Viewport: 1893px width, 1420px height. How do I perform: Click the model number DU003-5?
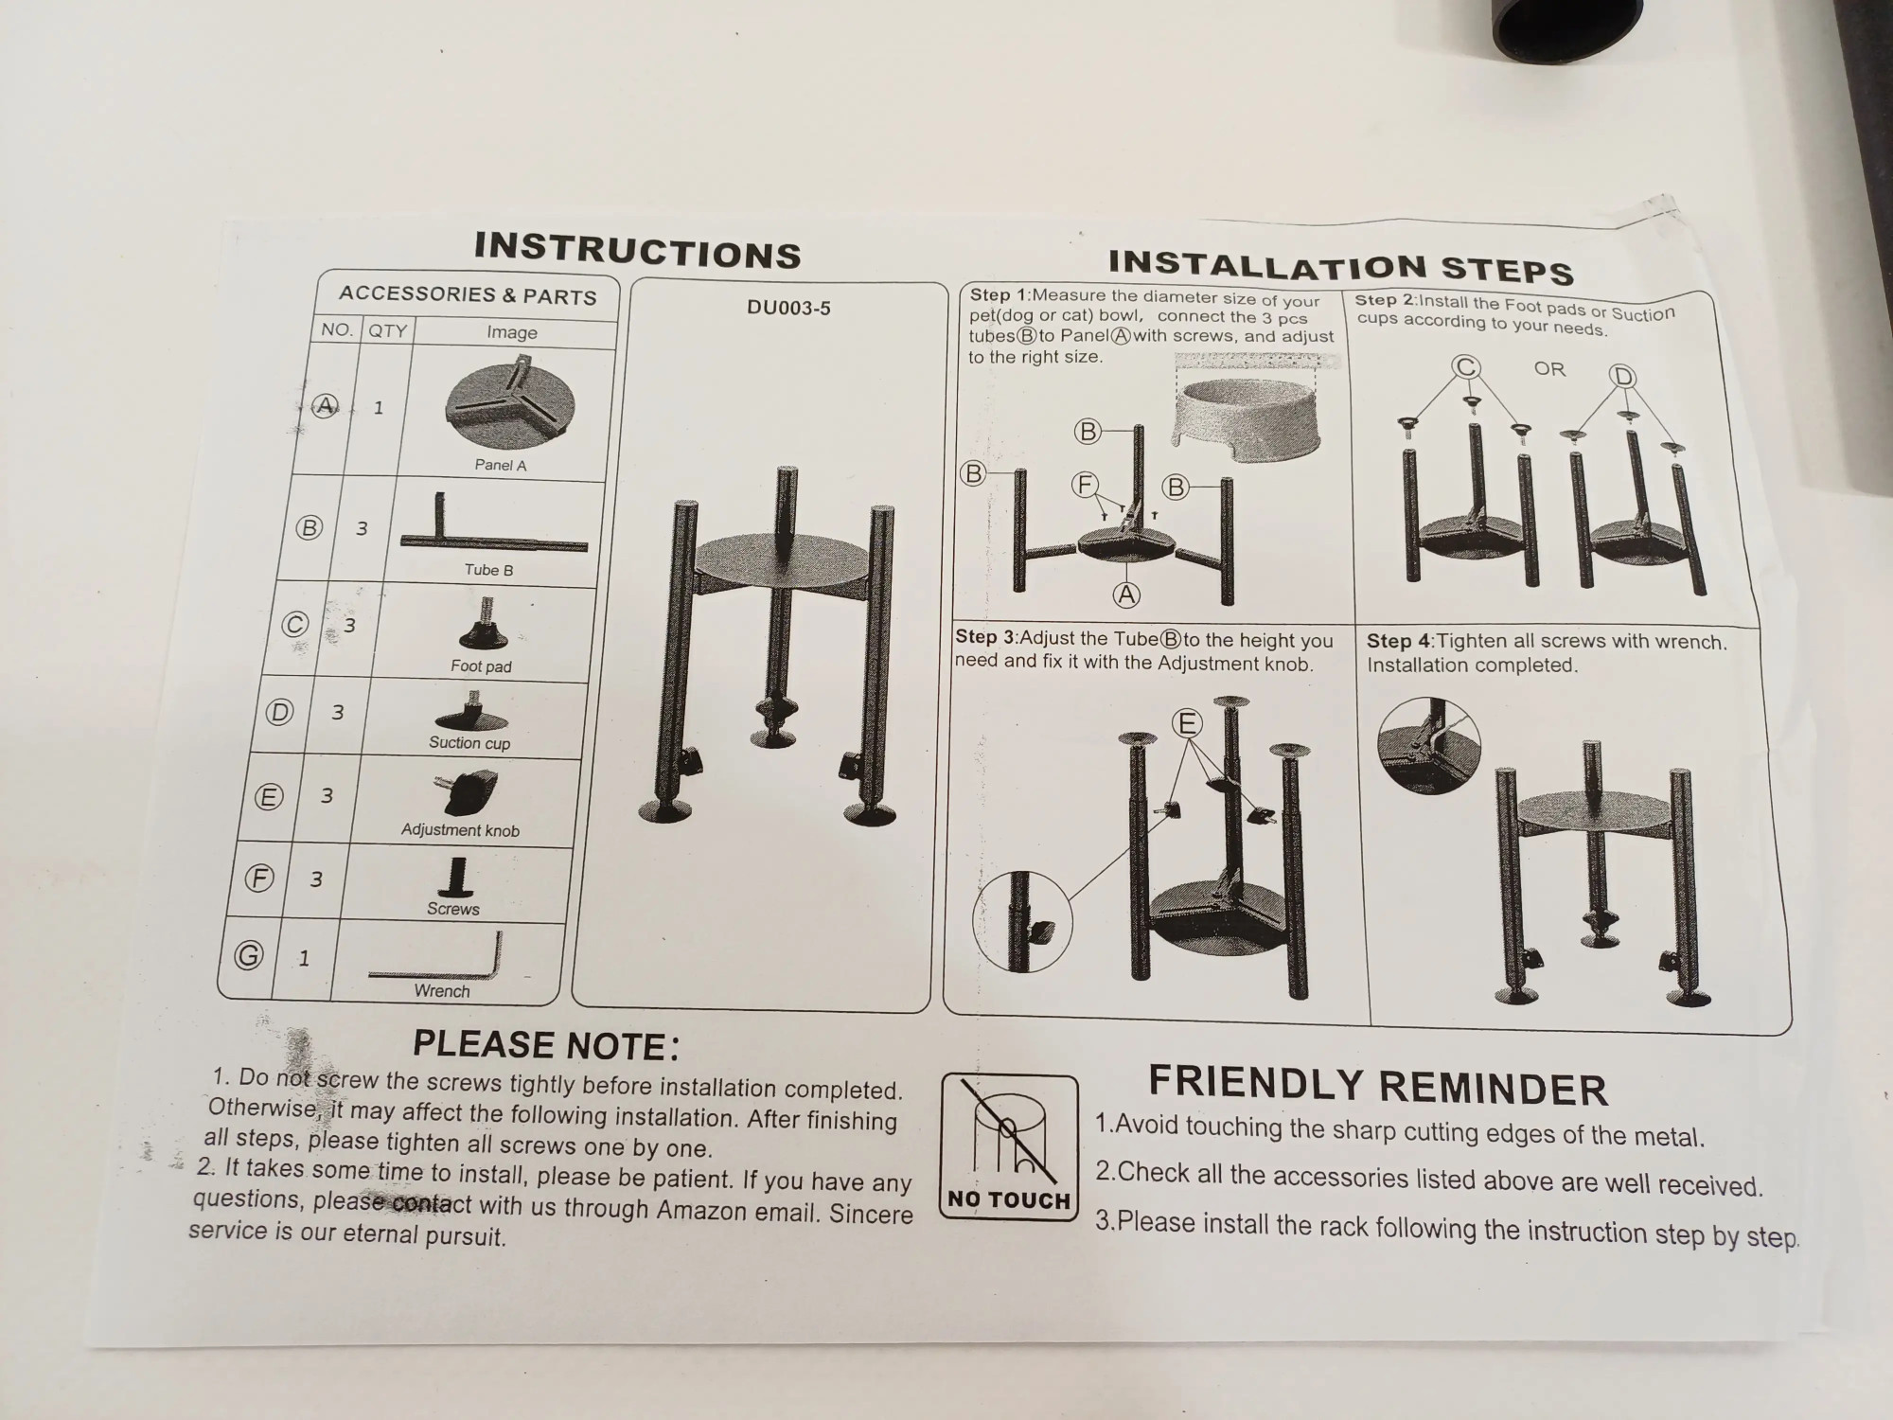click(x=788, y=308)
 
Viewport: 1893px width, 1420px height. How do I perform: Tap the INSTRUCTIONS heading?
click(x=638, y=251)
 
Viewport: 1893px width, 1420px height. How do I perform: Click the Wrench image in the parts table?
click(x=436, y=958)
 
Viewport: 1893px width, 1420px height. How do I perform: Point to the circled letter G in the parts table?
click(x=249, y=955)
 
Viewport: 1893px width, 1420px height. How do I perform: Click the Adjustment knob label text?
click(x=460, y=830)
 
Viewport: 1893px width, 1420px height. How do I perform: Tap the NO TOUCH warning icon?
click(x=1010, y=1147)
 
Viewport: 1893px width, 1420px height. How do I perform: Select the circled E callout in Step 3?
click(x=1187, y=724)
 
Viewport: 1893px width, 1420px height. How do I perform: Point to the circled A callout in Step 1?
click(x=1126, y=595)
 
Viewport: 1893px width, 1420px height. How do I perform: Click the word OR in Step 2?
click(x=1549, y=368)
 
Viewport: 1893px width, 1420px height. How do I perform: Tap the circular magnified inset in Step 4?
click(x=1428, y=745)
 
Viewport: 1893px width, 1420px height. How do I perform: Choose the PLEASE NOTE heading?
click(x=546, y=1044)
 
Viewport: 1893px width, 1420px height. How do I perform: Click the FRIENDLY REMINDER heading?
click(x=1378, y=1086)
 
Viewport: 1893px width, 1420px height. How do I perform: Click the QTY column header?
click(x=387, y=330)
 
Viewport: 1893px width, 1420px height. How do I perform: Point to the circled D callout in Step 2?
click(x=1623, y=377)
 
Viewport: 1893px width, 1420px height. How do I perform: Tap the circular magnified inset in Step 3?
click(x=1022, y=921)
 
